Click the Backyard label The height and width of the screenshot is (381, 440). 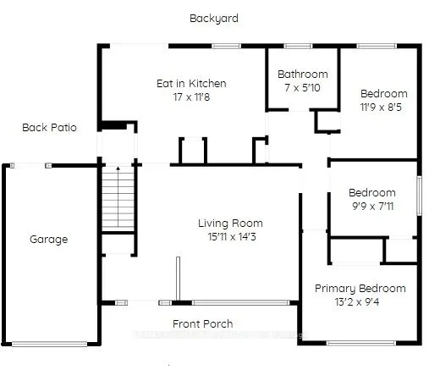pos(214,18)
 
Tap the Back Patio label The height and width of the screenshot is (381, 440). pos(50,128)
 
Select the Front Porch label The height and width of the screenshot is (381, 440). pos(202,323)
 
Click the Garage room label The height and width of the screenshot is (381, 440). pos(48,240)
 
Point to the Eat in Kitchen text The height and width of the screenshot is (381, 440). pos(191,84)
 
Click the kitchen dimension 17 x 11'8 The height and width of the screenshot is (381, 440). pos(191,97)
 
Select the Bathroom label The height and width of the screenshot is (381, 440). pos(302,75)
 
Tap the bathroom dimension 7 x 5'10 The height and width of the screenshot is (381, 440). pos(302,87)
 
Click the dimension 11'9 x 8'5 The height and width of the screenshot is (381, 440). pos(383,108)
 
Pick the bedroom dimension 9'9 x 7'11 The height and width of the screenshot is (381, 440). pos(371,206)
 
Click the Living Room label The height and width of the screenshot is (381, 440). pos(228,224)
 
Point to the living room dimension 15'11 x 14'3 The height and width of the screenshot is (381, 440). pos(228,237)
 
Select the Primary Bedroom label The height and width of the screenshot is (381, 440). pos(360,289)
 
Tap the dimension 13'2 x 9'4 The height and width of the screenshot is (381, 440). pos(360,302)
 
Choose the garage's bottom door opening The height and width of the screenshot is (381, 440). pos(49,343)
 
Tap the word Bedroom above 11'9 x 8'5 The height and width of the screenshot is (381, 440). pos(383,94)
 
